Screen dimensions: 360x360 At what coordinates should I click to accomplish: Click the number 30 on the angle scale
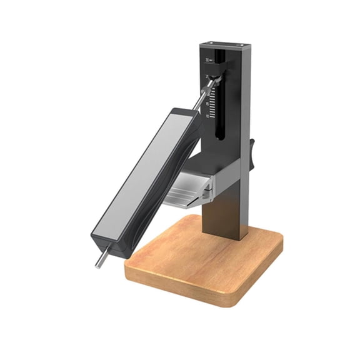click(207, 61)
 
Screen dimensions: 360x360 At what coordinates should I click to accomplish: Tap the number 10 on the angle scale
click(207, 116)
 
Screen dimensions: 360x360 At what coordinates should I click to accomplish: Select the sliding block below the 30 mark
click(214, 76)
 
